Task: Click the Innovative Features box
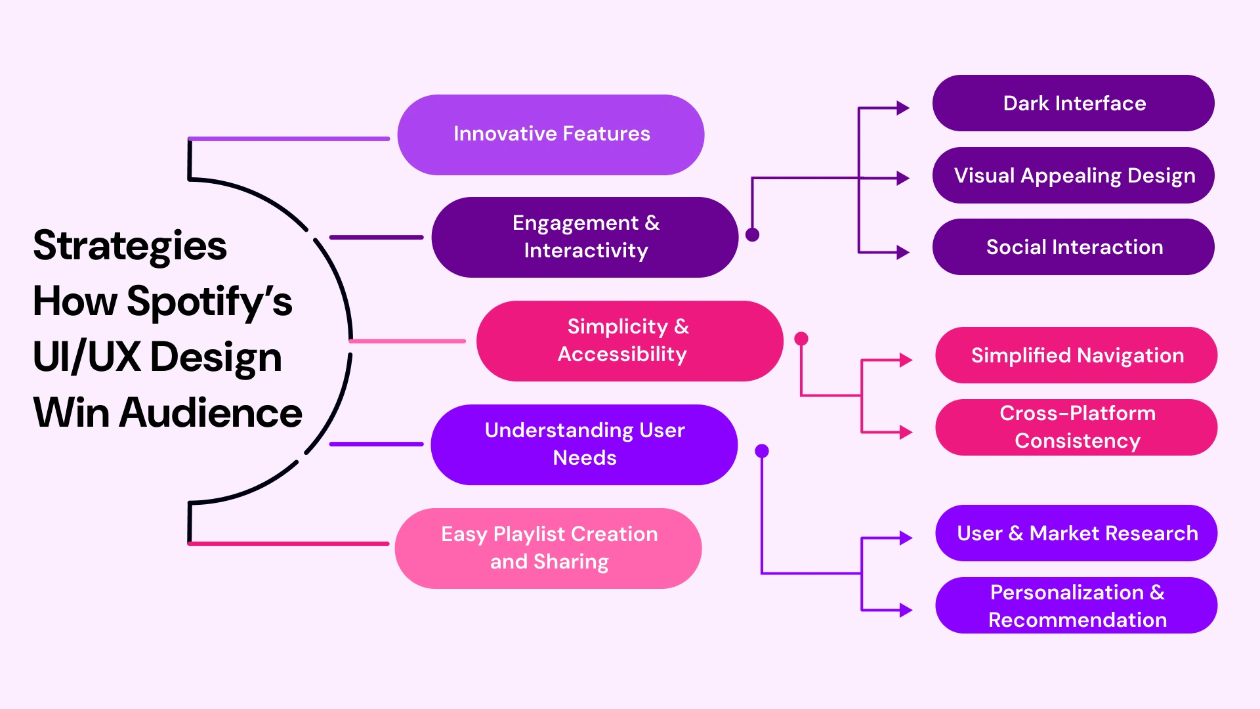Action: tap(551, 135)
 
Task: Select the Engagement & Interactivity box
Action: tap(585, 237)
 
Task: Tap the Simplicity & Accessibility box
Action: tap(629, 341)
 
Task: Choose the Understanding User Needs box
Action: tap(584, 444)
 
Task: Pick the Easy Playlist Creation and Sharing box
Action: tap(549, 548)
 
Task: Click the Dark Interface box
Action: tap(1073, 103)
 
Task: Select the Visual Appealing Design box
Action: tap(1073, 175)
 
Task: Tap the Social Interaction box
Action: tap(1073, 247)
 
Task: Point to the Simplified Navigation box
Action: tap(1076, 355)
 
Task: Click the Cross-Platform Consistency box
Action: tap(1076, 427)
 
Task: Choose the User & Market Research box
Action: tap(1076, 533)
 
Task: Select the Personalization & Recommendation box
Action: tap(1076, 605)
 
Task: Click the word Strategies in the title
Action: tap(130, 246)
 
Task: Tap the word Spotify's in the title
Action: tap(209, 302)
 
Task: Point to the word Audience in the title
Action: tap(211, 413)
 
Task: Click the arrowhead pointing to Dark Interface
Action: tap(903, 108)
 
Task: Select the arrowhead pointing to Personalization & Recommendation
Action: tap(906, 610)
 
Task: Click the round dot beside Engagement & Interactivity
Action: tap(753, 234)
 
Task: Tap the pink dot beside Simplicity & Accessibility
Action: tap(801, 339)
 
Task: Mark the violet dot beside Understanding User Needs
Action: tap(762, 451)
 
